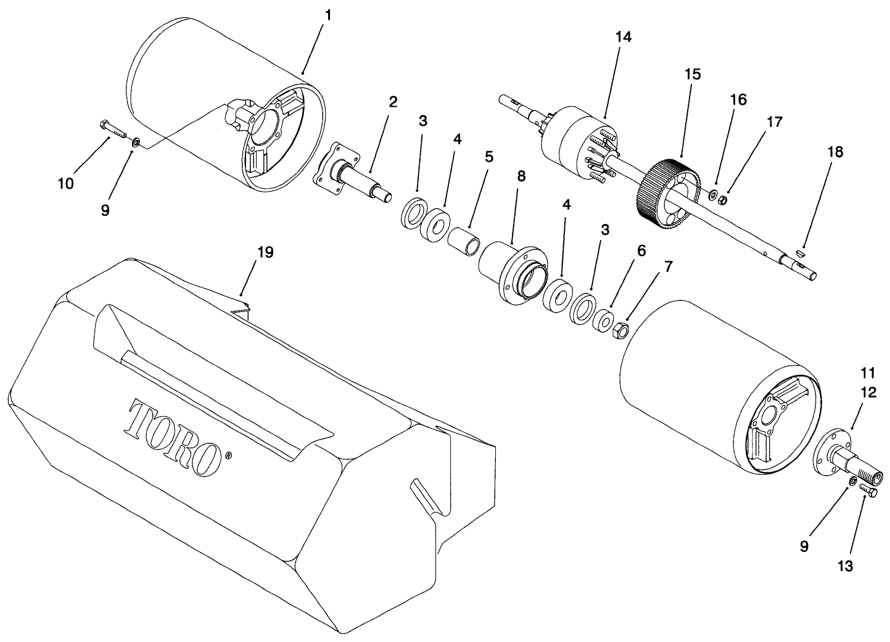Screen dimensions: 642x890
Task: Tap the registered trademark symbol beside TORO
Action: tap(229, 456)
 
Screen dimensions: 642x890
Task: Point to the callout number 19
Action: tap(265, 252)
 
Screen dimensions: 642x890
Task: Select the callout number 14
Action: tap(623, 37)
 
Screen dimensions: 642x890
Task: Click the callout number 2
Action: tap(393, 102)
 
